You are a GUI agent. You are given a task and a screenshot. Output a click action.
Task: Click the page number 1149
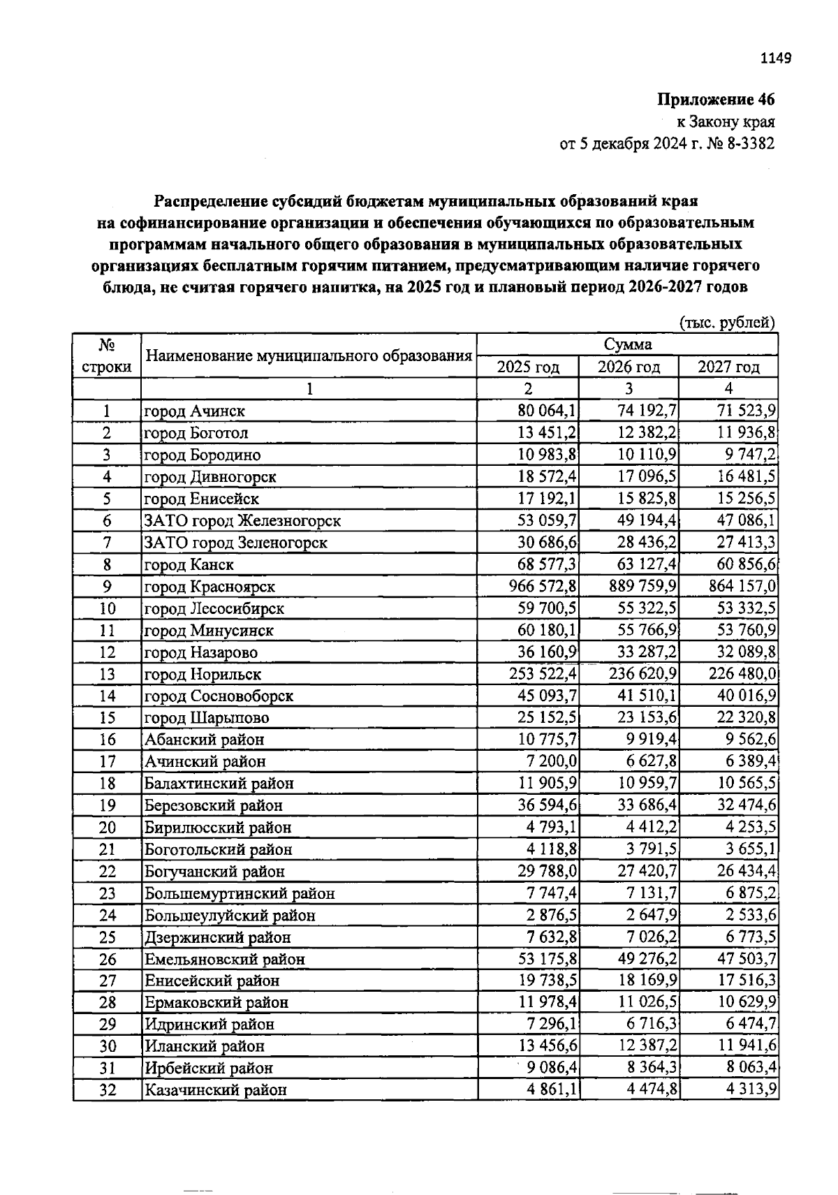(774, 58)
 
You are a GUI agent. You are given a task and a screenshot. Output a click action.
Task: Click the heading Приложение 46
(716, 99)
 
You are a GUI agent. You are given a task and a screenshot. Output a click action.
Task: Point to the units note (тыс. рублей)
(727, 323)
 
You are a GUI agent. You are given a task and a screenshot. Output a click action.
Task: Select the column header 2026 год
(628, 367)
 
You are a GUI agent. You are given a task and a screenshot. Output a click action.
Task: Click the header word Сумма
(628, 344)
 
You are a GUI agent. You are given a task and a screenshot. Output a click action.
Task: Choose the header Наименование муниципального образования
(308, 355)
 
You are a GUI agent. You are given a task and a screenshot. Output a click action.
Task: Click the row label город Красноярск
(209, 587)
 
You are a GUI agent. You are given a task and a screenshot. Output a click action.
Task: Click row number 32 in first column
(107, 1090)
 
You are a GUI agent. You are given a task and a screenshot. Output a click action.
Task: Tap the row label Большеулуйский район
(230, 915)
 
